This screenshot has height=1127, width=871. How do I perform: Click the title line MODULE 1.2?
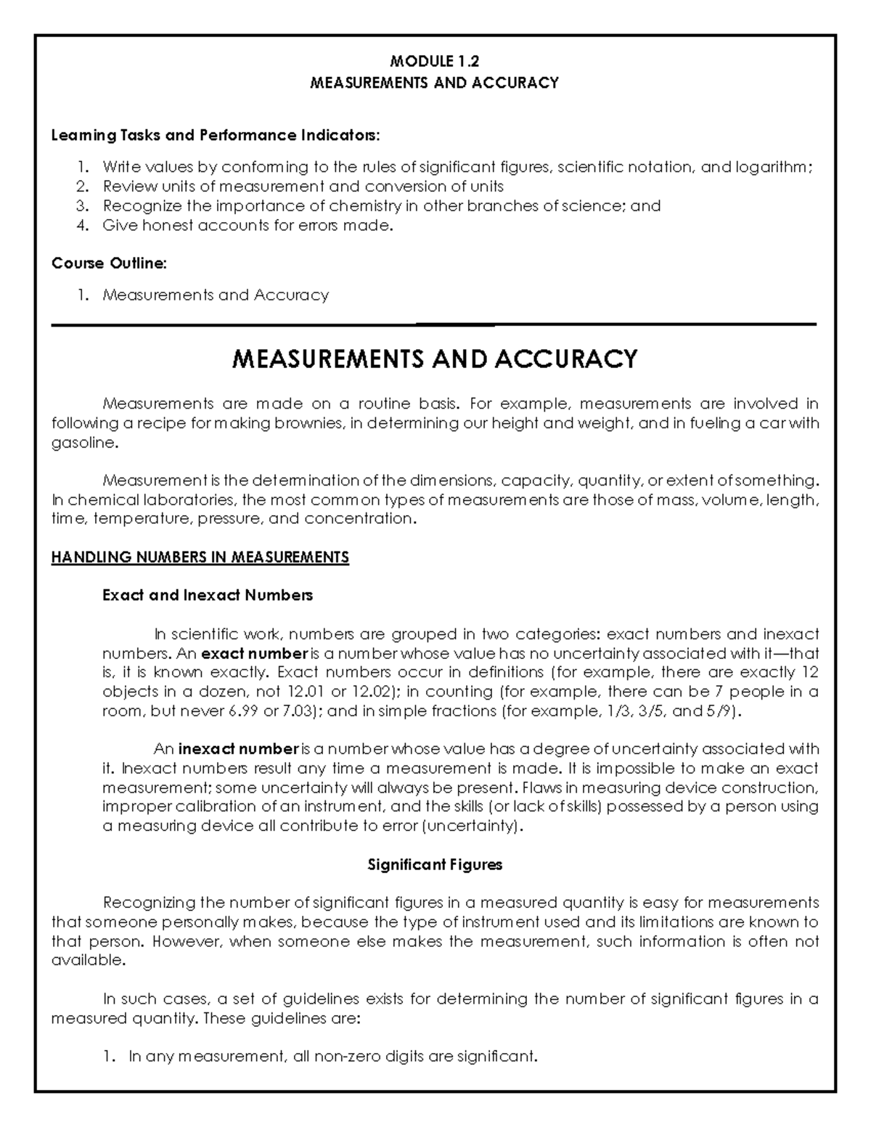pos(435,62)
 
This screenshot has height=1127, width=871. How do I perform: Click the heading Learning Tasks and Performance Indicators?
pos(215,136)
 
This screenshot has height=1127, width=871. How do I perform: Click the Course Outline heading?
pos(109,263)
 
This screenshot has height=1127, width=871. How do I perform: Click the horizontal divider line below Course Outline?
pos(434,325)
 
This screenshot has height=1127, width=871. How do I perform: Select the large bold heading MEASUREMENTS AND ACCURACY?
pos(434,358)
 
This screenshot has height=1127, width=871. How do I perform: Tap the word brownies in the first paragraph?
pos(312,424)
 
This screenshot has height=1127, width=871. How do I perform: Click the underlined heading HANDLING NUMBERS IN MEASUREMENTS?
pos(200,557)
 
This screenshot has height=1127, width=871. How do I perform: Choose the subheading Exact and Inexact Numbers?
pos(208,596)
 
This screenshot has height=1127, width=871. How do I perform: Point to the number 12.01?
pos(306,692)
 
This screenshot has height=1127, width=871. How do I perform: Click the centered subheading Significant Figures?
pos(435,865)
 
